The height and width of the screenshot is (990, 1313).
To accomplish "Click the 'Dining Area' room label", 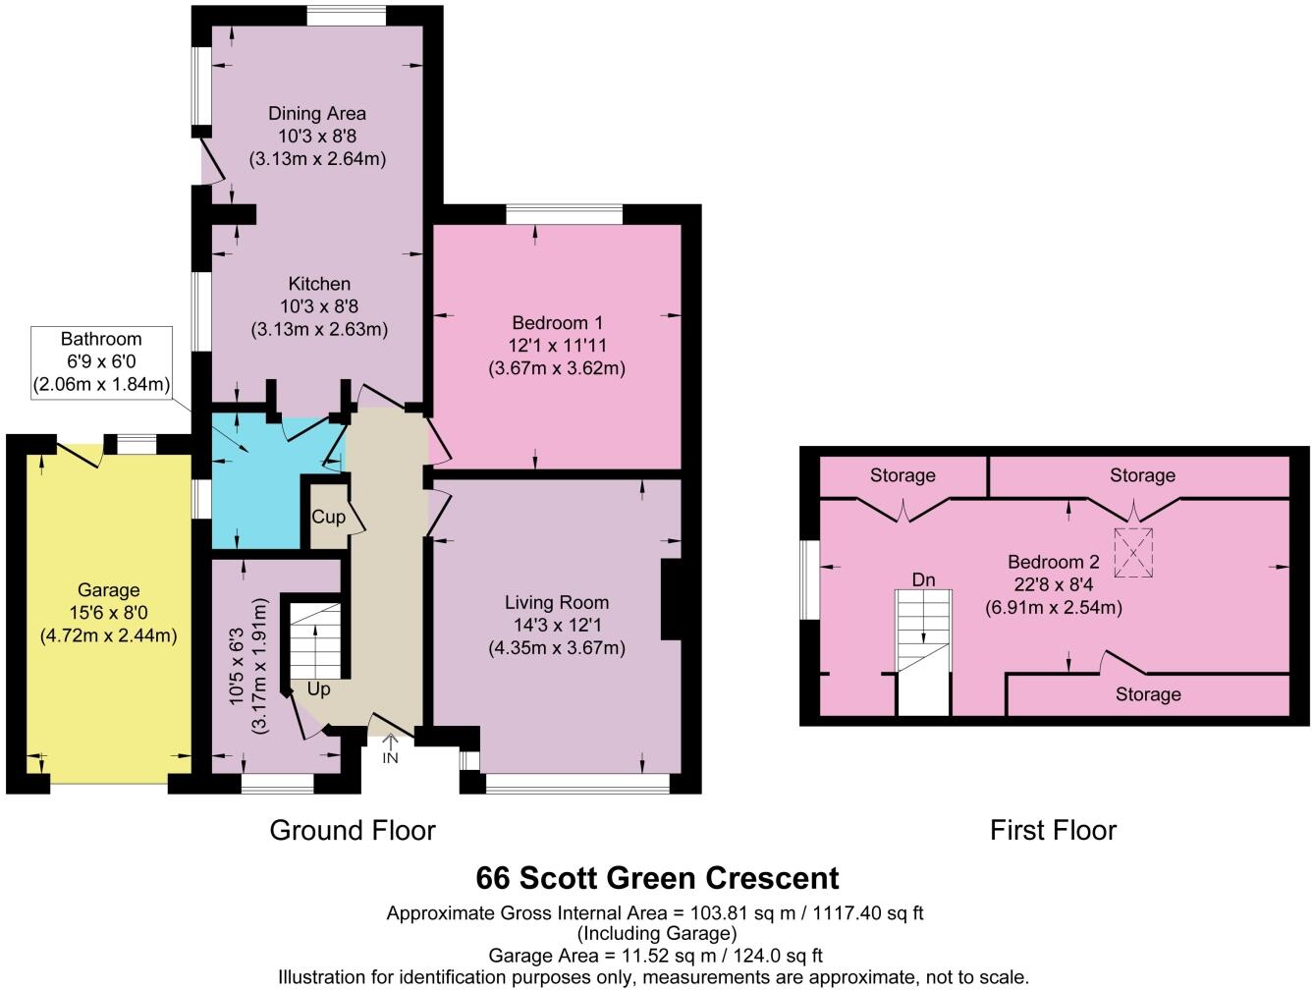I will [317, 114].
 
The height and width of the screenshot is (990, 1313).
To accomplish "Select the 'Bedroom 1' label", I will [557, 323].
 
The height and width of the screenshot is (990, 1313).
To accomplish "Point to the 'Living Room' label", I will [557, 603].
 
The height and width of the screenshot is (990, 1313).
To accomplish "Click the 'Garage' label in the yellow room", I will [108, 591].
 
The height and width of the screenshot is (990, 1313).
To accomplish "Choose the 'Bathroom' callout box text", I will [101, 339].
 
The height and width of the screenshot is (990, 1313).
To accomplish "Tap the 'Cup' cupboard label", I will [328, 517].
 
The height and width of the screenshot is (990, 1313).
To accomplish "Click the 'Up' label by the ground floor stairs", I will [318, 689].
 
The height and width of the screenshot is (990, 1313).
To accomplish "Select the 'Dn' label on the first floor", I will [923, 580].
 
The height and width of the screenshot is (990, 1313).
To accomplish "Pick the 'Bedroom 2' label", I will [1053, 563].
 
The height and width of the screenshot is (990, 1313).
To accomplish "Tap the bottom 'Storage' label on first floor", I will [1147, 695].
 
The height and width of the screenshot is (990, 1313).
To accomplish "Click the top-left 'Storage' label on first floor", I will [903, 476].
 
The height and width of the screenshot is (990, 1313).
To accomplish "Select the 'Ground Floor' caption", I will [352, 831].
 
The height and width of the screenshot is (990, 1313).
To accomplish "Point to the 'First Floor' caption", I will [1053, 831].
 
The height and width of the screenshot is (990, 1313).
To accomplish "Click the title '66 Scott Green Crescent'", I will [657, 877].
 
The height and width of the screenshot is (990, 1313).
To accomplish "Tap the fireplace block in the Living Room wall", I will [672, 599].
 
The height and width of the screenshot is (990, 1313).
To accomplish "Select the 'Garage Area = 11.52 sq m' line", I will [655, 955].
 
